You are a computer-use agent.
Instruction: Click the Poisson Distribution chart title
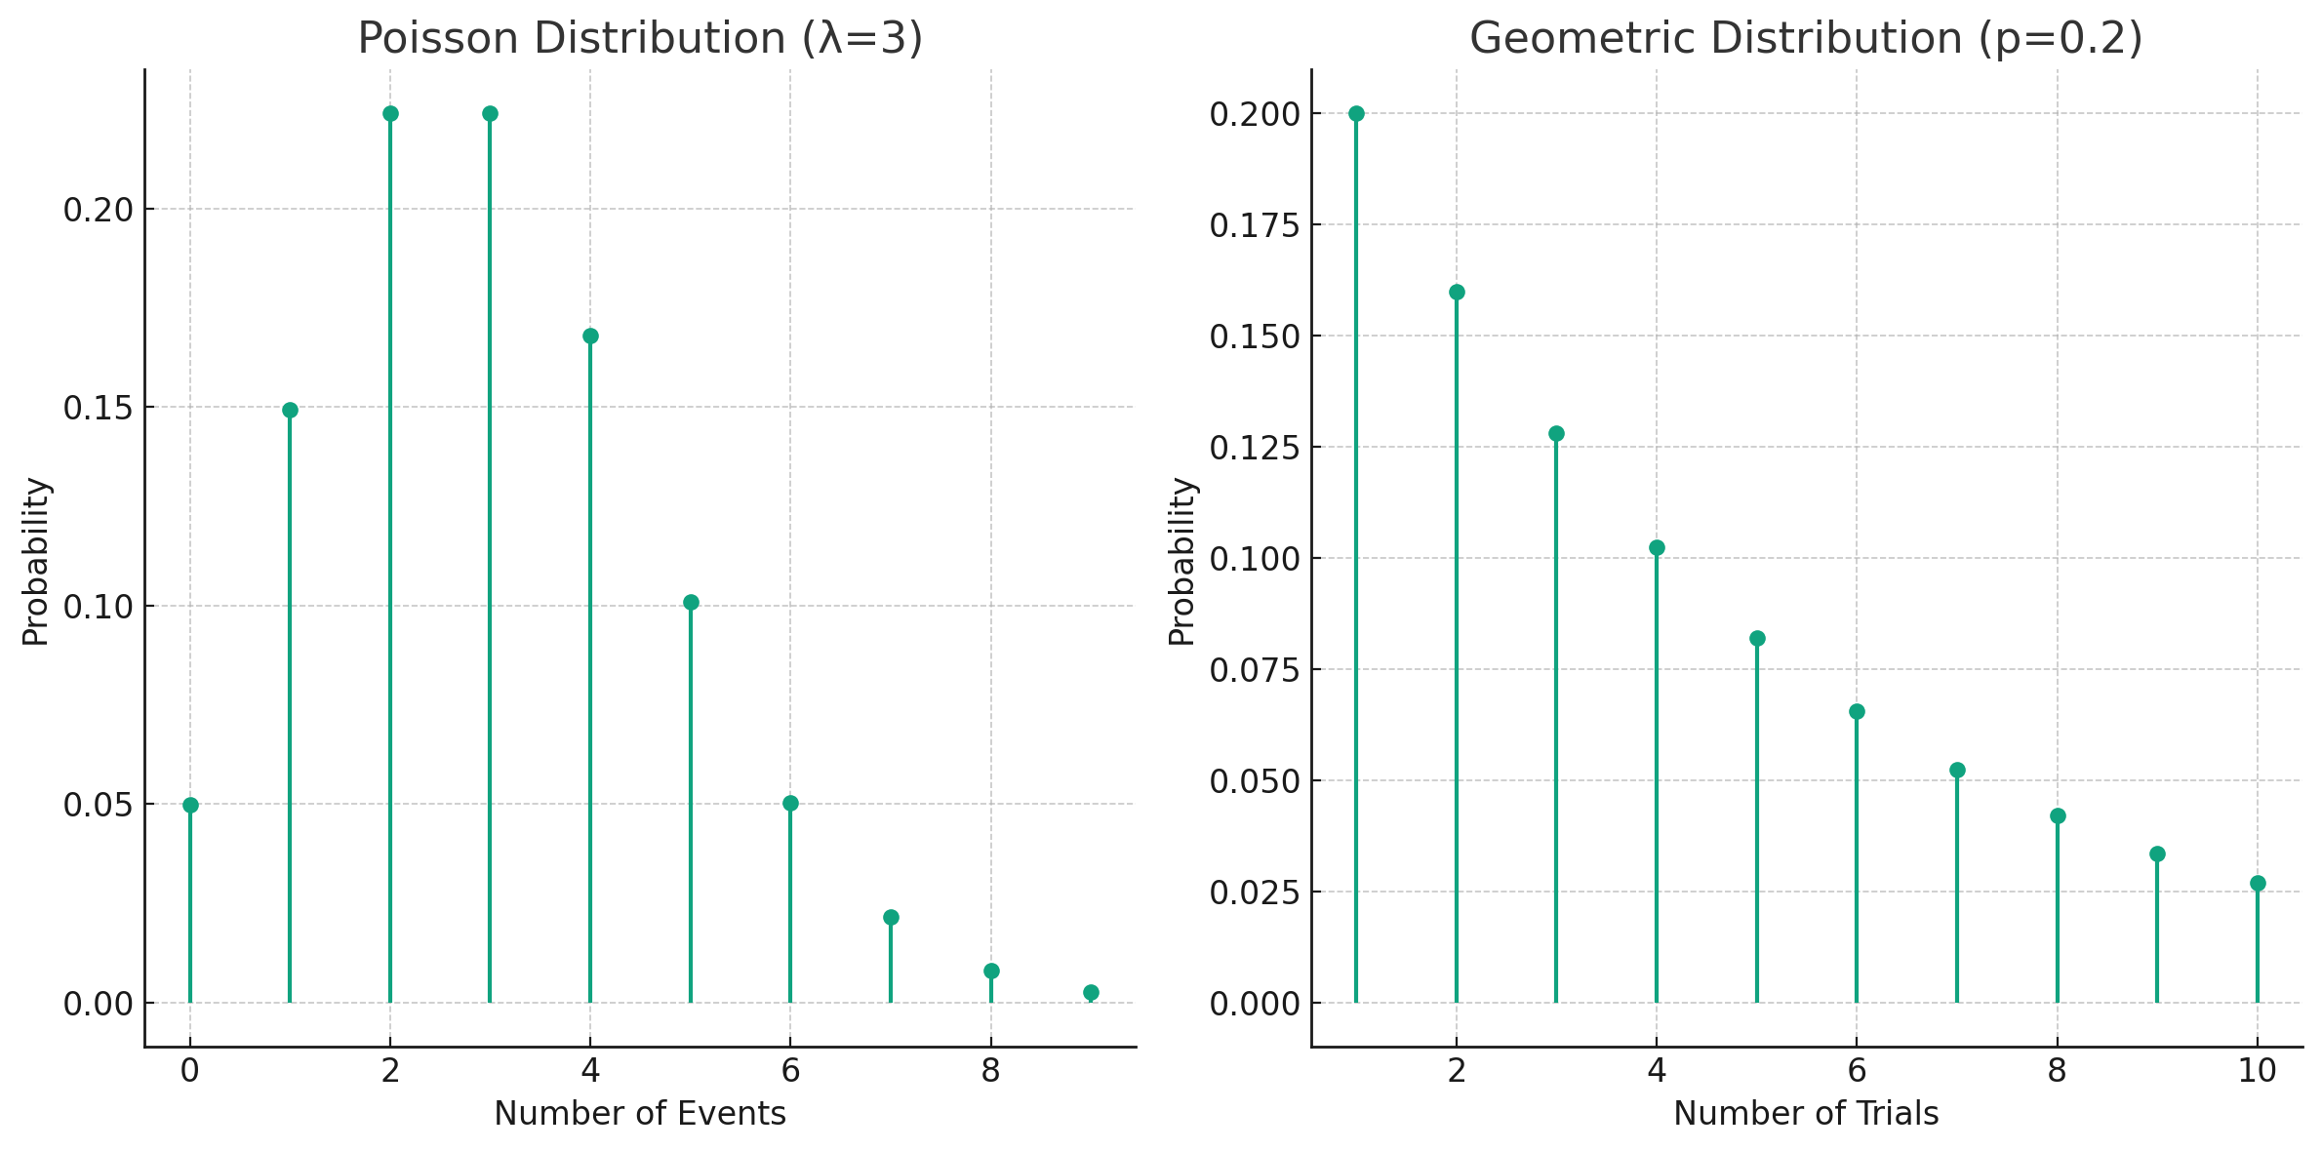pos(640,39)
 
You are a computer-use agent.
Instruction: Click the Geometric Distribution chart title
pos(1806,39)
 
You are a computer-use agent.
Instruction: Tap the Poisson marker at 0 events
pos(190,805)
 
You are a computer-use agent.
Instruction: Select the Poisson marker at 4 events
pos(590,337)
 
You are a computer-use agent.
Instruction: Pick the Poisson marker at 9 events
pos(1091,992)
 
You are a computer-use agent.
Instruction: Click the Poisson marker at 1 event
pos(290,410)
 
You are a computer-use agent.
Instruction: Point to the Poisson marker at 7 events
pos(891,917)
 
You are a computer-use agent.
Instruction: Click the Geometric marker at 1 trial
pos(1356,113)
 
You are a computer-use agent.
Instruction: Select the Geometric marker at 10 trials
pos(2258,883)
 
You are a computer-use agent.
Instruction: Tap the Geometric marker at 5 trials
pos(1757,639)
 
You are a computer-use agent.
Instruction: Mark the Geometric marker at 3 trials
pos(1556,433)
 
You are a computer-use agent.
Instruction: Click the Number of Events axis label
pos(640,1113)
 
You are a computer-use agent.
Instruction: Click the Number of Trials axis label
pos(1806,1113)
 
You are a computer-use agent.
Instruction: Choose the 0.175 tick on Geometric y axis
pos(1255,225)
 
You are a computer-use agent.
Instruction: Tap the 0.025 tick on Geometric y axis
pos(1255,893)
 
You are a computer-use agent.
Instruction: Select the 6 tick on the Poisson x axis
pos(790,1071)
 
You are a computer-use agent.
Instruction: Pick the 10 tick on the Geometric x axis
pos(2258,1071)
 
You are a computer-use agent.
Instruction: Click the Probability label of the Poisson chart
pos(36,561)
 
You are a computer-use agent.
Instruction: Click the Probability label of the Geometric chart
pos(1181,561)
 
